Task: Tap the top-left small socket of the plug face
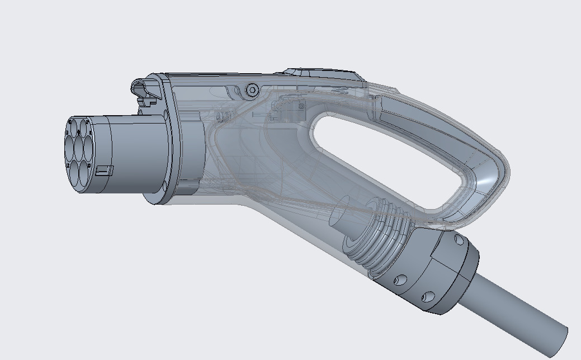tap(74, 125)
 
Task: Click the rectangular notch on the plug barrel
tap(105, 170)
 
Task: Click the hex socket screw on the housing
tap(252, 89)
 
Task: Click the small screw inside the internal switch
tap(301, 106)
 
